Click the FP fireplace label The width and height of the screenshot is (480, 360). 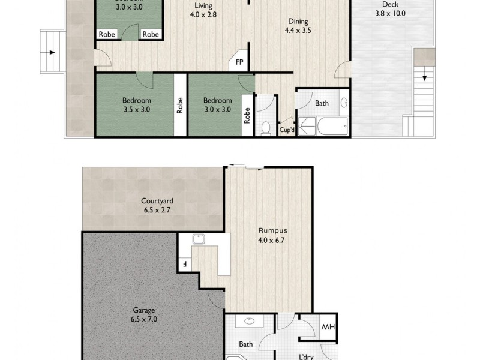(x=239, y=62)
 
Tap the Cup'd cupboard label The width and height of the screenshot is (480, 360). (x=287, y=130)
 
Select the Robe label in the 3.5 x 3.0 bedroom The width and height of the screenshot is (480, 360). (x=179, y=106)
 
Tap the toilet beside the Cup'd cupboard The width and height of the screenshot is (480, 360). (x=266, y=128)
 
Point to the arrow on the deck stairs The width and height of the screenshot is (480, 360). (x=425, y=76)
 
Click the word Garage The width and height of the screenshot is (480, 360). (x=144, y=311)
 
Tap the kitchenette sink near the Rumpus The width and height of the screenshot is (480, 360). (x=199, y=239)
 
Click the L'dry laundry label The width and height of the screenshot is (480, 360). (x=308, y=356)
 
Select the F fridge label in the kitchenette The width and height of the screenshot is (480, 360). (x=184, y=263)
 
